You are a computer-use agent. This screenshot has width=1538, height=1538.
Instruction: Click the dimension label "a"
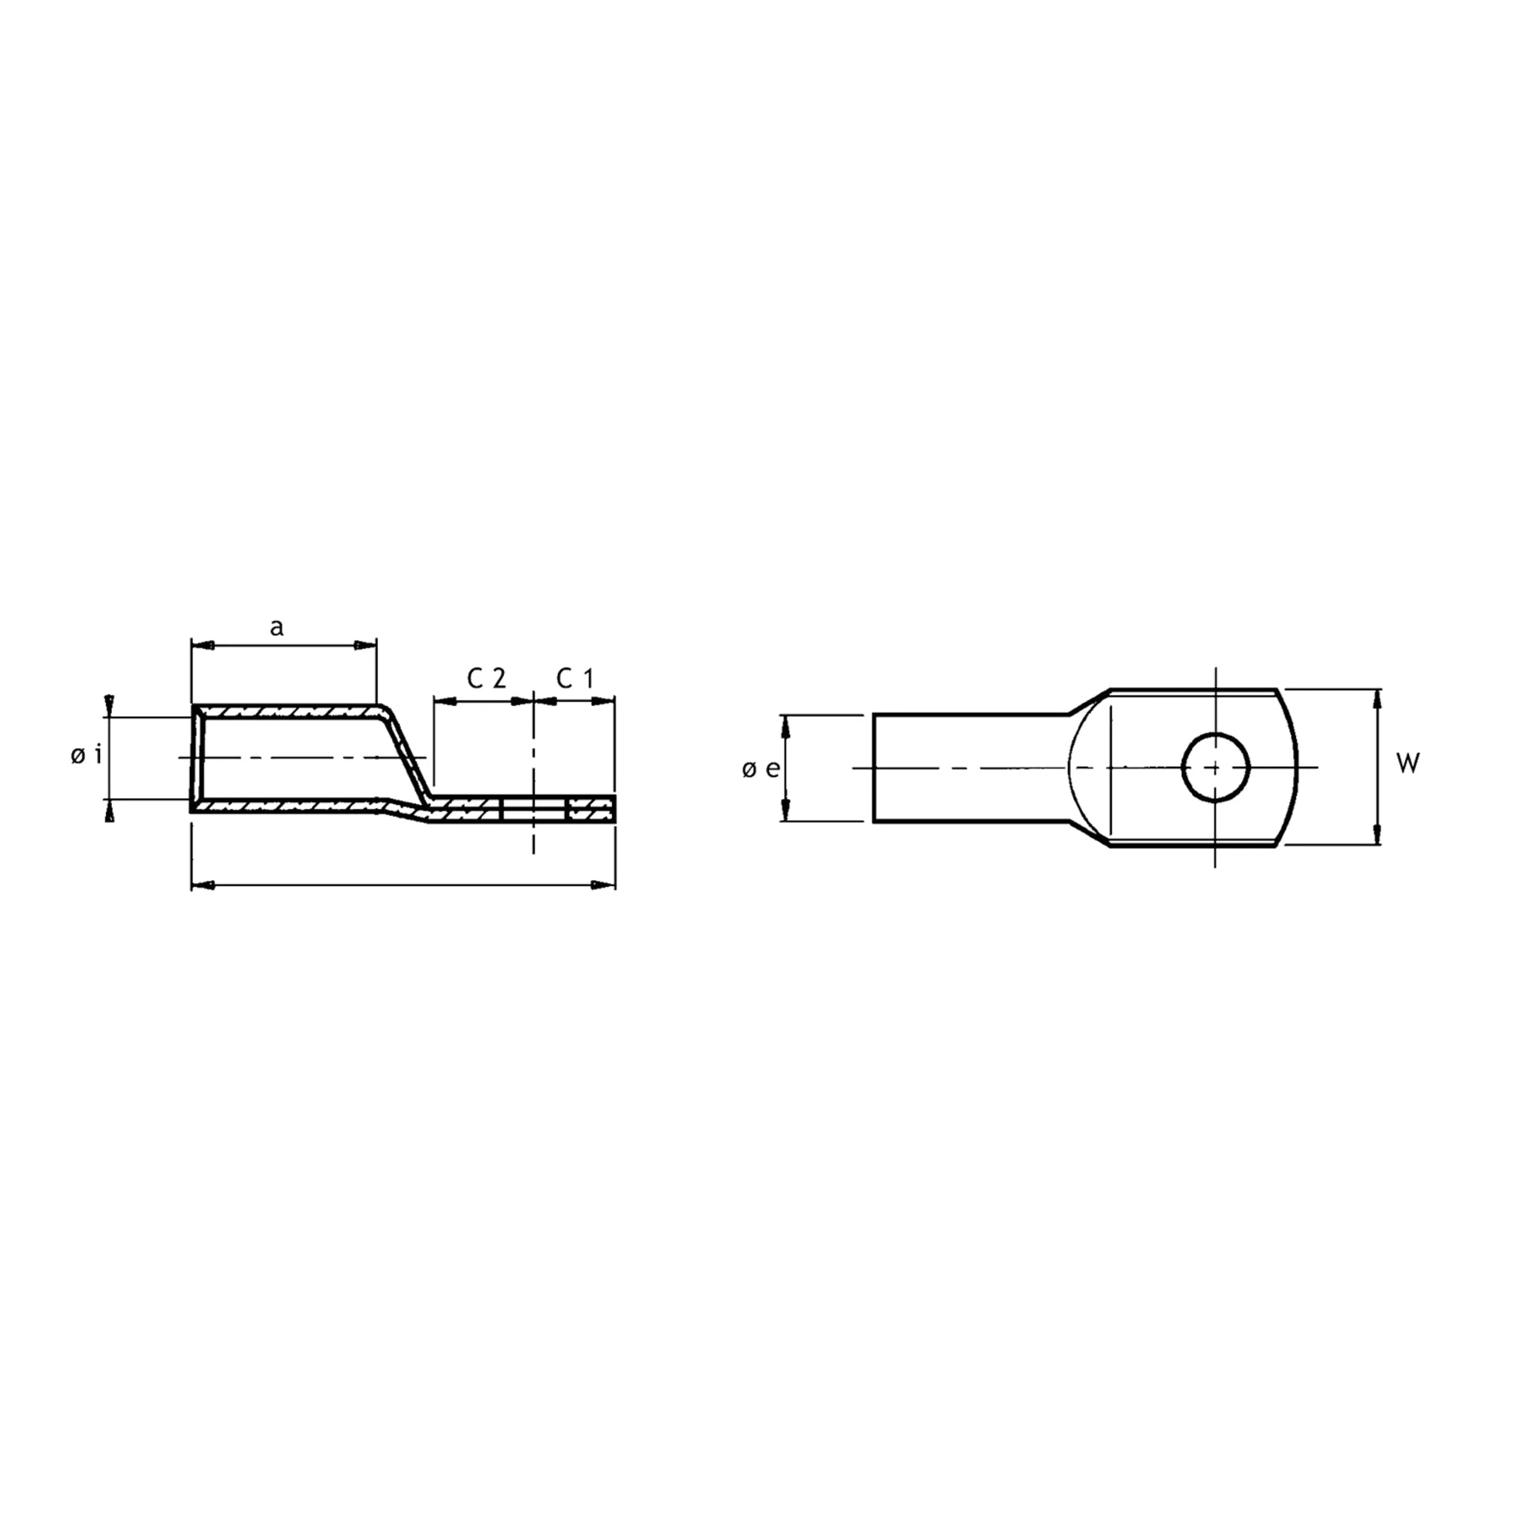276,628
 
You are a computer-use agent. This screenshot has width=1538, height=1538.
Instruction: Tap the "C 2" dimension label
487,678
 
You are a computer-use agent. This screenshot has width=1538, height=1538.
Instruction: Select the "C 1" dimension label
574,678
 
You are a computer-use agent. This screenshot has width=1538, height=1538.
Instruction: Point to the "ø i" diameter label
86,755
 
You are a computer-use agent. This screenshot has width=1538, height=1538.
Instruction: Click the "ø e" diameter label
761,769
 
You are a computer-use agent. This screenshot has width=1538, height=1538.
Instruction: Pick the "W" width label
1408,764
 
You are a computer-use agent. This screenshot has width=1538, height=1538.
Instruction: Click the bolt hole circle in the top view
1216,767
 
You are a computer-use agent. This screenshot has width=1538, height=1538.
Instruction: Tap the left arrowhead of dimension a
203,645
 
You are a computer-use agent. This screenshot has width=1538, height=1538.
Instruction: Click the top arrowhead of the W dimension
1379,700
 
